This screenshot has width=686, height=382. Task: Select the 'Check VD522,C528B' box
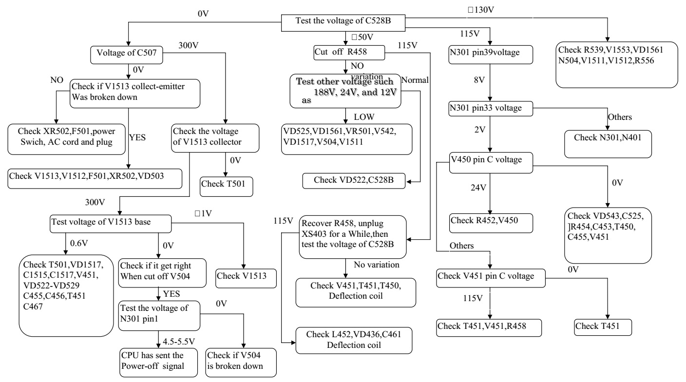(354, 181)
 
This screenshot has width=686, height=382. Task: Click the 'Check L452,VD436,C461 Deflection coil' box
(354, 339)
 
